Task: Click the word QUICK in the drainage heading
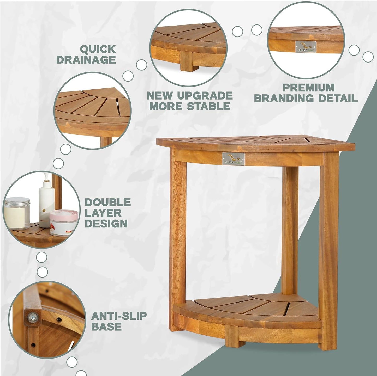tap(98, 49)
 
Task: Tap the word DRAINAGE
tap(86, 60)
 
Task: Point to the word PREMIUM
tap(309, 88)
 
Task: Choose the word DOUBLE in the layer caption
tap(107, 202)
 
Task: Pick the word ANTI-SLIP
tap(119, 316)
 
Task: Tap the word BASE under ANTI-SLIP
tap(106, 327)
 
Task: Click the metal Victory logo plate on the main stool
tap(233, 159)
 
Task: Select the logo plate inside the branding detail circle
tap(306, 47)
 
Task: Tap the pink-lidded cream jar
tap(64, 222)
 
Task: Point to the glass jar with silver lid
tap(17, 212)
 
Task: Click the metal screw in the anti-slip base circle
tap(33, 317)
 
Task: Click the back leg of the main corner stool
tap(290, 229)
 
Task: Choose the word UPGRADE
tap(205, 96)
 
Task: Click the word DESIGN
tap(106, 224)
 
